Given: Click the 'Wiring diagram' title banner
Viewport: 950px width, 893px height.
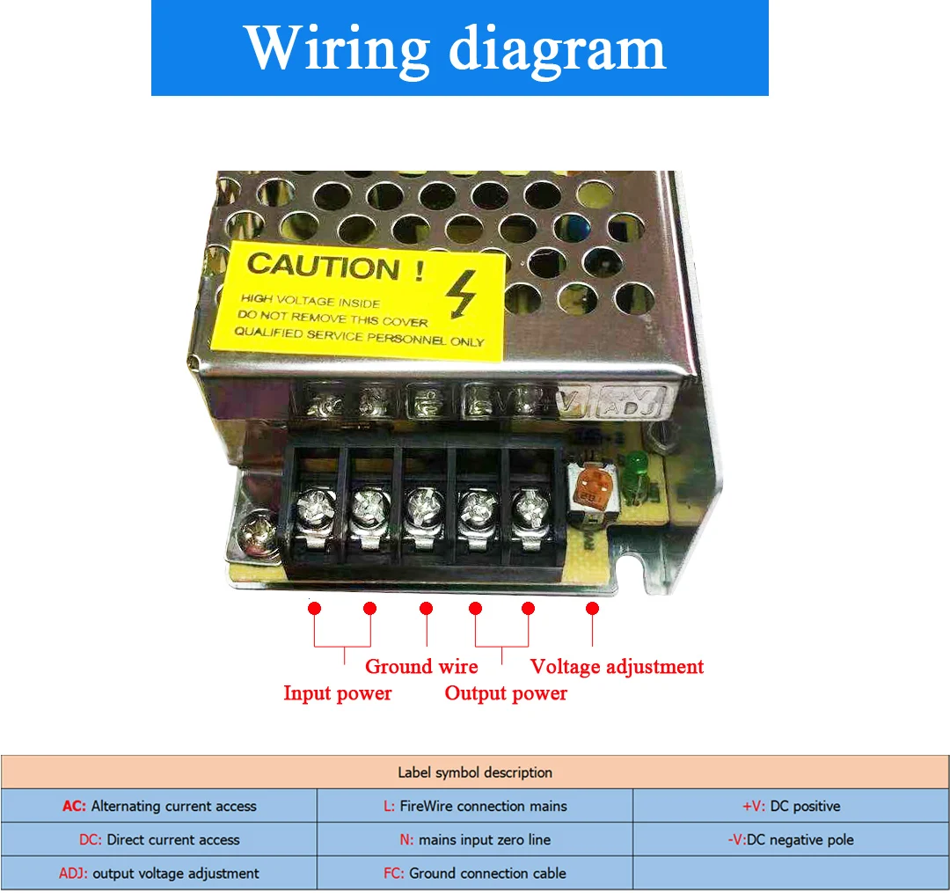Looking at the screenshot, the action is click(x=459, y=48).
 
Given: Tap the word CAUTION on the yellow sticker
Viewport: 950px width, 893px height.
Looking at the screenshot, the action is click(x=325, y=266).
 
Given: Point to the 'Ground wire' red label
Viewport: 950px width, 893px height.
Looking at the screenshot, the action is click(x=421, y=666).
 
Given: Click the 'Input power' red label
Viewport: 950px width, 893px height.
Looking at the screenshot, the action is click(x=337, y=693).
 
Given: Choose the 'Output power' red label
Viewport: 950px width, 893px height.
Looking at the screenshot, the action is click(x=506, y=693).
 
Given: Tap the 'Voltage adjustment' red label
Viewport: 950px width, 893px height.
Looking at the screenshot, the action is click(x=617, y=666).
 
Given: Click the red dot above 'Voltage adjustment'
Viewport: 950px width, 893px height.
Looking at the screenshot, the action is click(x=592, y=608).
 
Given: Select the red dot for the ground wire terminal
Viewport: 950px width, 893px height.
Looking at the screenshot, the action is click(x=427, y=608).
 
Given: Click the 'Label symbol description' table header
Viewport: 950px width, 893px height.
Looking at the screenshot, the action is click(x=475, y=772).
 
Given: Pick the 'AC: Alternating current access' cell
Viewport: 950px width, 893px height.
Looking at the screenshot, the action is click(x=159, y=806).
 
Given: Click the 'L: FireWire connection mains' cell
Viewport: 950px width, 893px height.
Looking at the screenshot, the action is click(x=474, y=806).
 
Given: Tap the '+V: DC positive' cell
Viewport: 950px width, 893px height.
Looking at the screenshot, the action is click(x=791, y=806).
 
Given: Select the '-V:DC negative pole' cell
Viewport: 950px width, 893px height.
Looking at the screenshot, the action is click(x=791, y=839).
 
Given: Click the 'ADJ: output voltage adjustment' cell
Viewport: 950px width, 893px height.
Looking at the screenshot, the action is click(x=159, y=874).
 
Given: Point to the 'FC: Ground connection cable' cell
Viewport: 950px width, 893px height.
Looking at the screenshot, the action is click(x=474, y=874).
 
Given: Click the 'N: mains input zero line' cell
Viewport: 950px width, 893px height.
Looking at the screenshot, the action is click(x=474, y=839).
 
